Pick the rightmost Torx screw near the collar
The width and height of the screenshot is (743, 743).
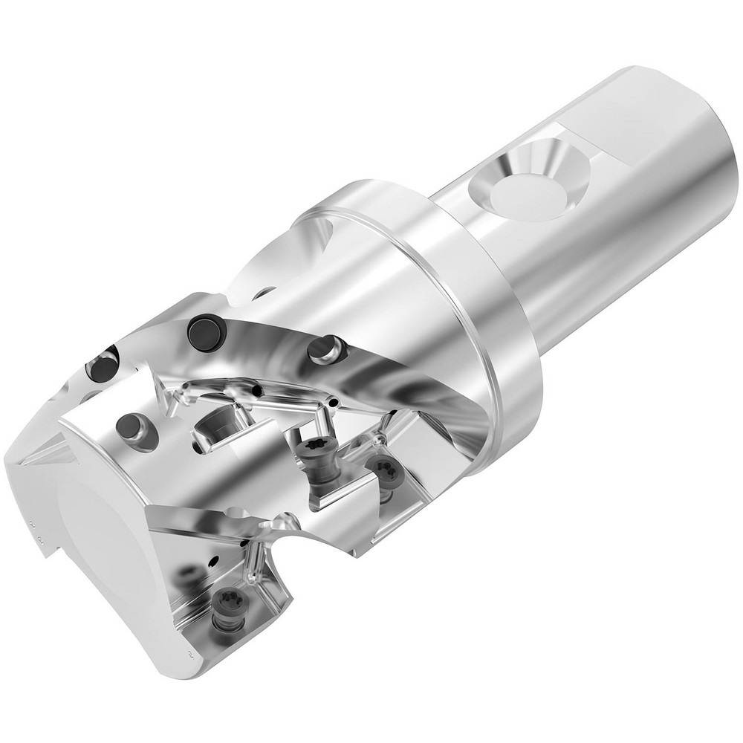[385, 470]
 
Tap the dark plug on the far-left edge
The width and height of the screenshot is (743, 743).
[102, 363]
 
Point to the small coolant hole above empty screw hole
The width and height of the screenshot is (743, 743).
[257, 390]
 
